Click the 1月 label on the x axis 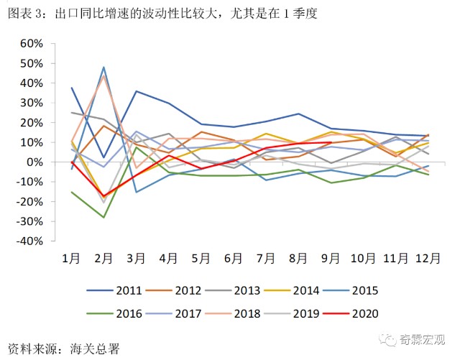point(71,258)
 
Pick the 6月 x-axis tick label point(233,258)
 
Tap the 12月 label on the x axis point(428,258)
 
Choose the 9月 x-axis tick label point(330,258)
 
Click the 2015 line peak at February point(104,67)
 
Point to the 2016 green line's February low point(104,217)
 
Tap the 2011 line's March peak point(137,91)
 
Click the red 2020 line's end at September point(331,142)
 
